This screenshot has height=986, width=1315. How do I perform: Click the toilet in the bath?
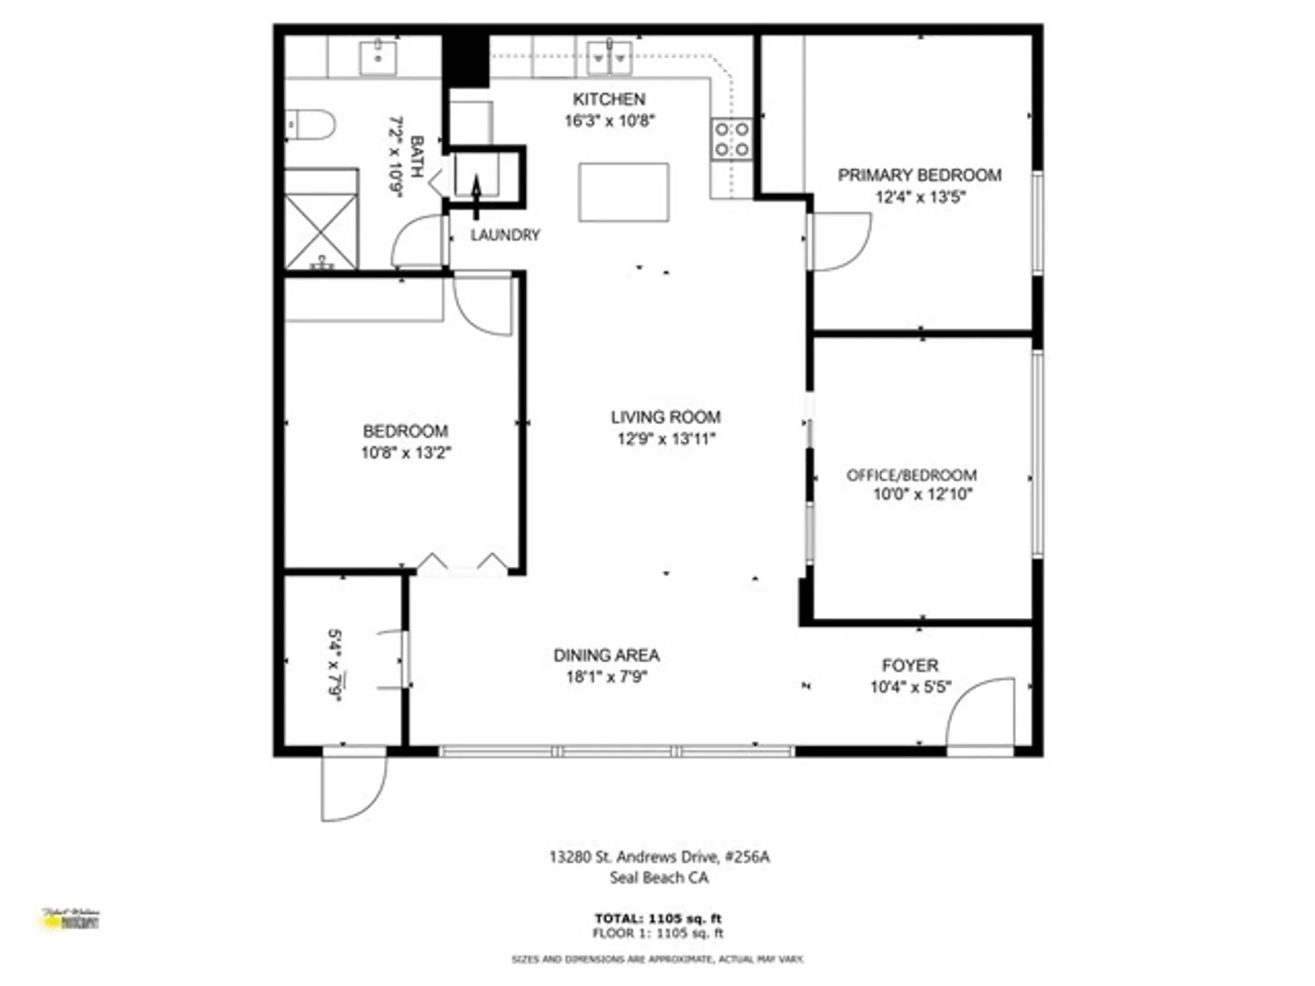[312, 124]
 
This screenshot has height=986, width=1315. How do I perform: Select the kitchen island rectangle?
[623, 192]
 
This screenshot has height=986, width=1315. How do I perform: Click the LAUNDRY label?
[505, 235]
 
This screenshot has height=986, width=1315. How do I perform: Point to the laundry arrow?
[476, 195]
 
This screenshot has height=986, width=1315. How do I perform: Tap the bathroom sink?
[378, 57]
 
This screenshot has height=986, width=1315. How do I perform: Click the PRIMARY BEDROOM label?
[919, 176]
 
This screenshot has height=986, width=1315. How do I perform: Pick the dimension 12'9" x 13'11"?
[665, 438]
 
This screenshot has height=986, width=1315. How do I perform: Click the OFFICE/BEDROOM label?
[911, 475]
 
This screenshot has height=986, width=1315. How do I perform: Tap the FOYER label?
[910, 665]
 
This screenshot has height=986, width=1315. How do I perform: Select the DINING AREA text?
[606, 655]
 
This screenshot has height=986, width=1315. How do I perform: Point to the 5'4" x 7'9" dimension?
[335, 665]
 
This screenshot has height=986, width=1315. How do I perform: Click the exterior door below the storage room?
[352, 786]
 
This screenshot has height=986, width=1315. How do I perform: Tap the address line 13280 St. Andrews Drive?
[659, 857]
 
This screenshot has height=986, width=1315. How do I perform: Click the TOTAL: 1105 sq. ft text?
[657, 918]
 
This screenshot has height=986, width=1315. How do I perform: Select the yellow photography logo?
[71, 920]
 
